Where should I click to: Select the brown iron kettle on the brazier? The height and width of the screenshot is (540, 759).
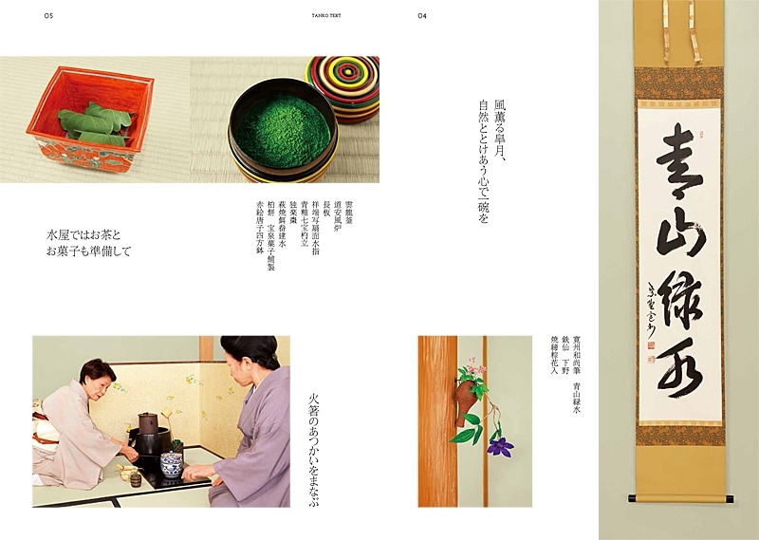point(149,423)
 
